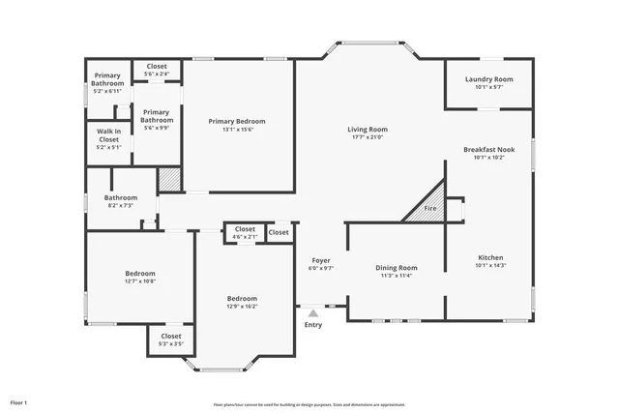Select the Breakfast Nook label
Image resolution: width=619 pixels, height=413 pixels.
(488, 150)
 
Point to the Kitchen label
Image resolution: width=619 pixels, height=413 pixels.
(490, 257)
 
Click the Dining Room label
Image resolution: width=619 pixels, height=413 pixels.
(396, 267)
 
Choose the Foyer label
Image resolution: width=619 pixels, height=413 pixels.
(321, 261)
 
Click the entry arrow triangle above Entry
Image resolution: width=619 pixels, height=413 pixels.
(312, 312)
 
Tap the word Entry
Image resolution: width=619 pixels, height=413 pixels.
(313, 325)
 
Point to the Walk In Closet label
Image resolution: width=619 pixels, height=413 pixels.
(108, 135)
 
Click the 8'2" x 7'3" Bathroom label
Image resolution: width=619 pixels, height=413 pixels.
(121, 197)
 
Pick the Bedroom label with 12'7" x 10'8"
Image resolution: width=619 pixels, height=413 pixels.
(140, 274)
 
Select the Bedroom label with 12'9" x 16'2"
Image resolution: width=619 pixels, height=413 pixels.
(243, 298)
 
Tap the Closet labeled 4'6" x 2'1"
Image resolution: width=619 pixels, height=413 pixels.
(245, 229)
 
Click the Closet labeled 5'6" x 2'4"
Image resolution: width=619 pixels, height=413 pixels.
(157, 67)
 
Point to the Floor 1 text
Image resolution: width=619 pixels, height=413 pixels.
(19, 401)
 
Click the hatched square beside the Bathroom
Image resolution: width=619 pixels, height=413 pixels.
(170, 178)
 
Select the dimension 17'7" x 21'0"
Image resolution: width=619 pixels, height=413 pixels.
(368, 137)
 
